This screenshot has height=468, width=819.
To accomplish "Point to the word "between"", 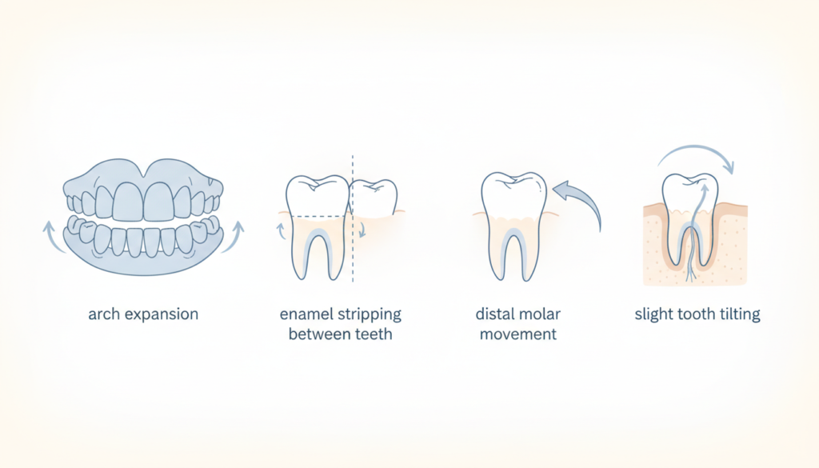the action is coord(319,334).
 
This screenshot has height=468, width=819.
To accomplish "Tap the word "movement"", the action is coord(518,334).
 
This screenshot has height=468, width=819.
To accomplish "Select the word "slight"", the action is coord(654,315).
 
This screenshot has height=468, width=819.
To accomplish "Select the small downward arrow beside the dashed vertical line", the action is coord(362,229).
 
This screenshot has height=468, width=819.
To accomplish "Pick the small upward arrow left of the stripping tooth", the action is coord(281,230).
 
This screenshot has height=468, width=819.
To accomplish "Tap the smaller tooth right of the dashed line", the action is coord(374,198).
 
